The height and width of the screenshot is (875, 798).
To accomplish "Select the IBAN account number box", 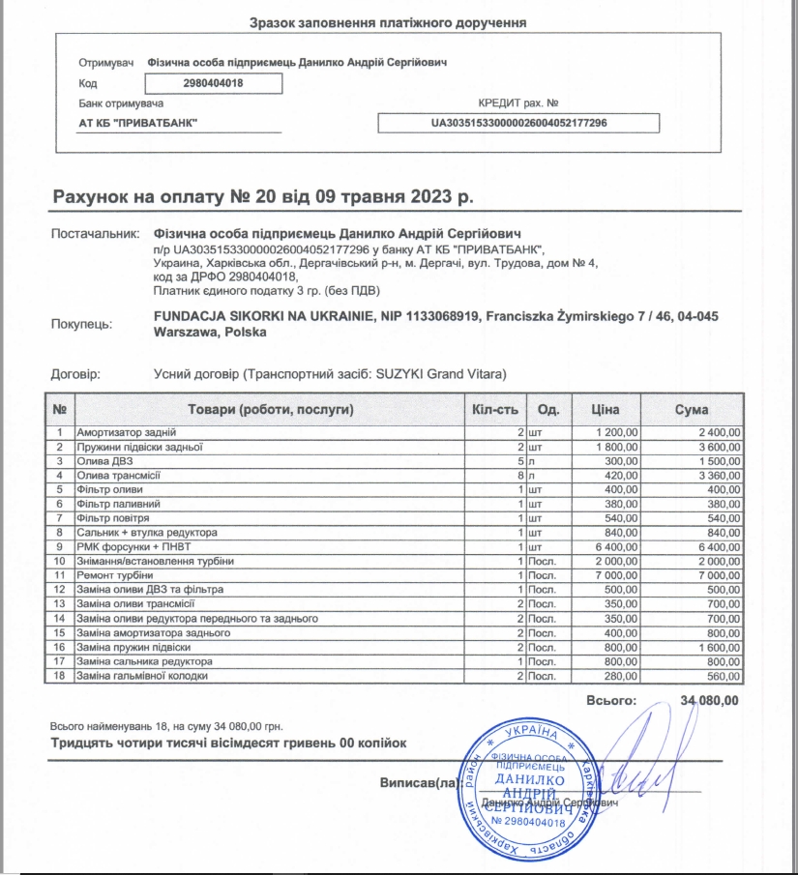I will [x=517, y=123].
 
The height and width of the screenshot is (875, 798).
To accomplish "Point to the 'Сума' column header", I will [x=692, y=409].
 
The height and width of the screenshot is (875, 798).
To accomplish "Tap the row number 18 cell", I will [x=60, y=676].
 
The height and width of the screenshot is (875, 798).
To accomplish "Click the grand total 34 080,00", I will [x=710, y=699].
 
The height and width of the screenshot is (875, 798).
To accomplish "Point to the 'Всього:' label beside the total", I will [x=611, y=699].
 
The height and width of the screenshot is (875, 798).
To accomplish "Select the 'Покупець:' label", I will [x=81, y=324].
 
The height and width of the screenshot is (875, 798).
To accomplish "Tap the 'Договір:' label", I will [x=74, y=374].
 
